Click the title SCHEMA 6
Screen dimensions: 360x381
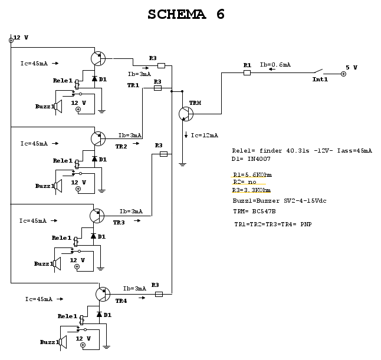click(186, 15)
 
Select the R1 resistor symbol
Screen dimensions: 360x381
click(247, 72)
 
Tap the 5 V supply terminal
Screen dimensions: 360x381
click(343, 74)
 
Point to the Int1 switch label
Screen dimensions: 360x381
click(320, 79)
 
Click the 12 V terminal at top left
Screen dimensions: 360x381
click(11, 40)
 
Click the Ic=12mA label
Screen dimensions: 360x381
click(204, 135)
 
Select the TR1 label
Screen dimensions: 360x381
click(133, 85)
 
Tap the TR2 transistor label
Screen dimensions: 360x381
click(121, 146)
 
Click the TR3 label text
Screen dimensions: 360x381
click(119, 223)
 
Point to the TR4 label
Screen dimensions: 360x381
click(121, 300)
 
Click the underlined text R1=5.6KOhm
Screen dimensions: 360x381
click(252, 174)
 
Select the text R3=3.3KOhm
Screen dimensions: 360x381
click(251, 190)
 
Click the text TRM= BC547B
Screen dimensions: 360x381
click(255, 211)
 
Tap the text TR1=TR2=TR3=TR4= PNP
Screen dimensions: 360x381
click(272, 224)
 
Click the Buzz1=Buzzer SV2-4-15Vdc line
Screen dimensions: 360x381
click(280, 200)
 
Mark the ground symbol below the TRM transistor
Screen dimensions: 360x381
click(183, 164)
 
